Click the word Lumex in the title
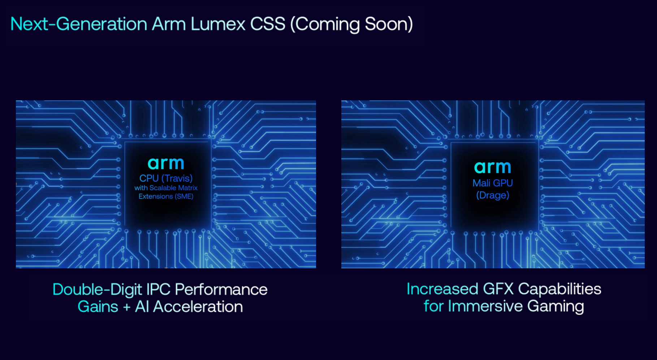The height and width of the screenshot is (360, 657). pos(218,24)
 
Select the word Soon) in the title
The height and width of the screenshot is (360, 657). pos(389,25)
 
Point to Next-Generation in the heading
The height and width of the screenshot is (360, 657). pos(79,24)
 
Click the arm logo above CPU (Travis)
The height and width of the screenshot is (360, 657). pos(166,164)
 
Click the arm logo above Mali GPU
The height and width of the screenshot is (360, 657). pos(493,167)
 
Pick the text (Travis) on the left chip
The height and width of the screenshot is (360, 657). pos(177,178)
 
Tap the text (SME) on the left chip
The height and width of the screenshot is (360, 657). pos(184,196)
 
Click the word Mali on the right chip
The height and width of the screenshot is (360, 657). pos(481,183)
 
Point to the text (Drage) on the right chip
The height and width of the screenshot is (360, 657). pos(493,195)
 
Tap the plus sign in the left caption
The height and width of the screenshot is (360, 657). pos(126,307)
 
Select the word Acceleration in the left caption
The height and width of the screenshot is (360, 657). pos(198,307)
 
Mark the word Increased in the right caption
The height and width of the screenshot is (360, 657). pos(442,289)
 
